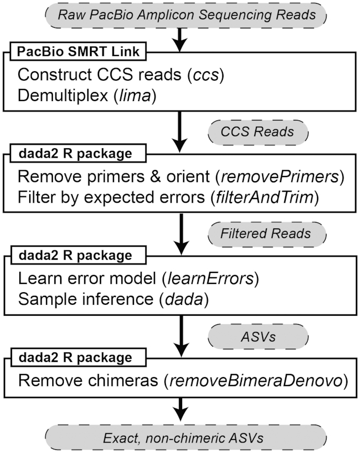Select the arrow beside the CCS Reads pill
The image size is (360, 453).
pos(180,131)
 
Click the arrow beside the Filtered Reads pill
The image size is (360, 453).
pos(180,233)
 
